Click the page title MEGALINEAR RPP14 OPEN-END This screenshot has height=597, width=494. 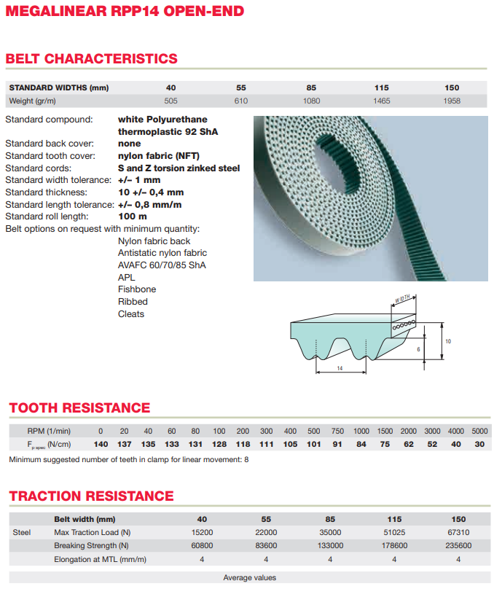tap(125, 11)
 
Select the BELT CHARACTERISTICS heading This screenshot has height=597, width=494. tap(91, 58)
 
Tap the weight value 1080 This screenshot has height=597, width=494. tap(312, 101)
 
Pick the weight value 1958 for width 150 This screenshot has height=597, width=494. tap(452, 101)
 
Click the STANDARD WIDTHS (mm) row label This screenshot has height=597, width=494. tap(58, 87)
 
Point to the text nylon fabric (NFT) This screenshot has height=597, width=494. tap(158, 155)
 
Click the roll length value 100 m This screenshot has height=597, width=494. tap(132, 216)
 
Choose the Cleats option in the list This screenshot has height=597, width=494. tap(131, 314)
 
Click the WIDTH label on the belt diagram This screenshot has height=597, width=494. tap(403, 299)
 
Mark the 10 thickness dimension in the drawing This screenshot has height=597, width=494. tap(448, 340)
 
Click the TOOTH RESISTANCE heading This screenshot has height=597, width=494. tap(79, 407)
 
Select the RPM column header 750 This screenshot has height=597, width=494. tap(337, 431)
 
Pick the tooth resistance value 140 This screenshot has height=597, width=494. tap(101, 444)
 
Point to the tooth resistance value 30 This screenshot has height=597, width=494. tap(479, 444)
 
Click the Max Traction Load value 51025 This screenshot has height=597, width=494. tap(394, 532)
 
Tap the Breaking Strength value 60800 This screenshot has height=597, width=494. tap(202, 545)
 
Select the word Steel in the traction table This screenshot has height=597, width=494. tap(22, 532)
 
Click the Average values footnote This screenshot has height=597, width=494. tap(249, 577)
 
